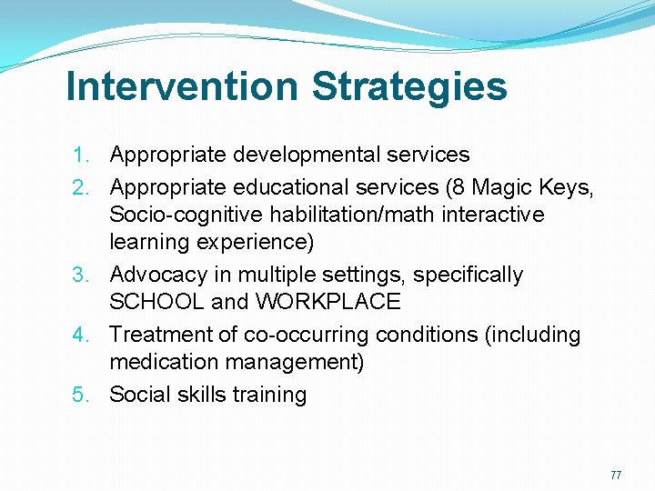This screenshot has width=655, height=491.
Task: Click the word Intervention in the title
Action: coord(182,87)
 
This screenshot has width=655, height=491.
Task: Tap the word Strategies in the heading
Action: coord(408,87)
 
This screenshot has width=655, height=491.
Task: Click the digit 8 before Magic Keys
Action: coord(457,186)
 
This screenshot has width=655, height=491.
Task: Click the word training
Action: coord(271,395)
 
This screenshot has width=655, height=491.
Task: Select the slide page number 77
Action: coord(616,476)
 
